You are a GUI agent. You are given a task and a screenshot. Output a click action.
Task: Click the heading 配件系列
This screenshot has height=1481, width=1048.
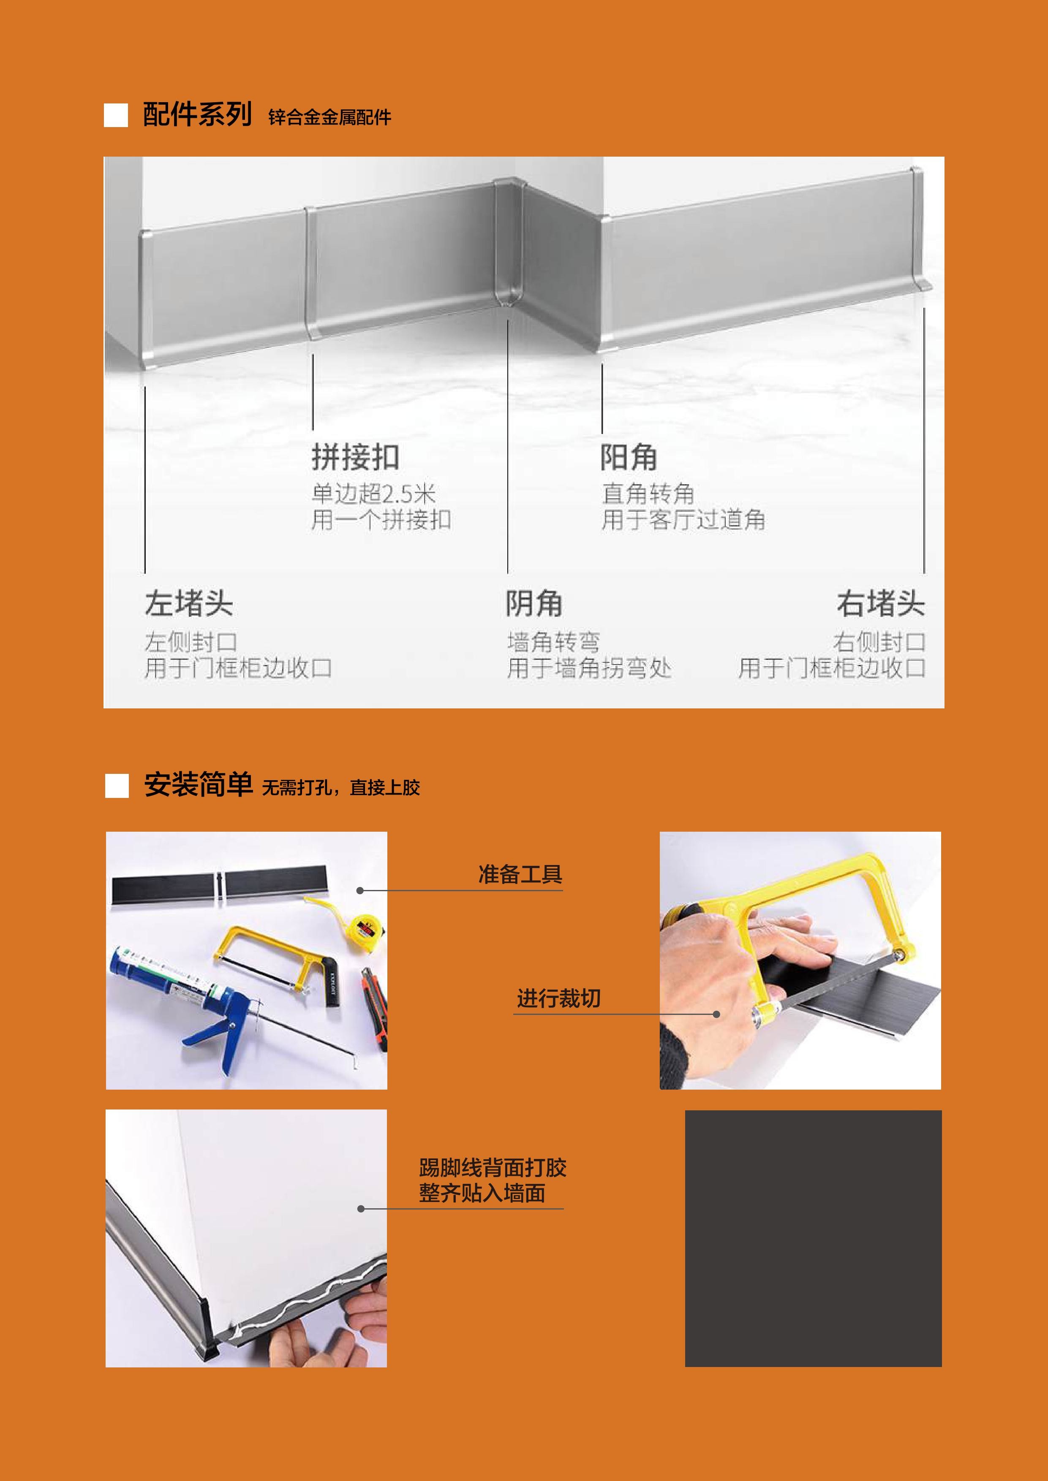pos(197,115)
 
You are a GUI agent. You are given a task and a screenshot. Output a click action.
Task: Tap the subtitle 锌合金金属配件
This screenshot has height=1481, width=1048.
pos(330,117)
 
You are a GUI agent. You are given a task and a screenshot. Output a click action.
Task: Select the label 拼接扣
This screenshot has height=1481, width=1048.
pos(356,457)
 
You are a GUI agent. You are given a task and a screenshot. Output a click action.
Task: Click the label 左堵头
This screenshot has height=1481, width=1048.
pos(188,604)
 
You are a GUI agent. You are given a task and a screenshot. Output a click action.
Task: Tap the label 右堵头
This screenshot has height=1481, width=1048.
pos(881,604)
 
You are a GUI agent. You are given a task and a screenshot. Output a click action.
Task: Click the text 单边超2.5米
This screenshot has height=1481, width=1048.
pos(374,494)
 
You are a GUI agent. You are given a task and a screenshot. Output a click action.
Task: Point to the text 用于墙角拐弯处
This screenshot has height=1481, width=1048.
pos(589,668)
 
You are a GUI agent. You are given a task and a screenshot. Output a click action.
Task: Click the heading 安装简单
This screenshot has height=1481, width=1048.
pos(198,785)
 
